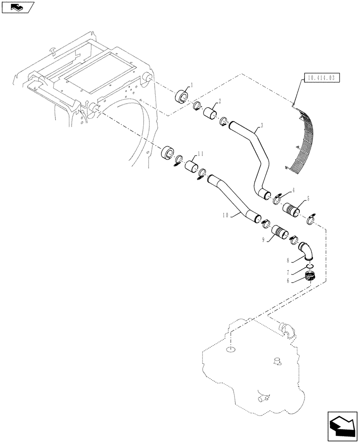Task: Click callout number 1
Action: [192, 84]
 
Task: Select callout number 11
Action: [200, 153]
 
